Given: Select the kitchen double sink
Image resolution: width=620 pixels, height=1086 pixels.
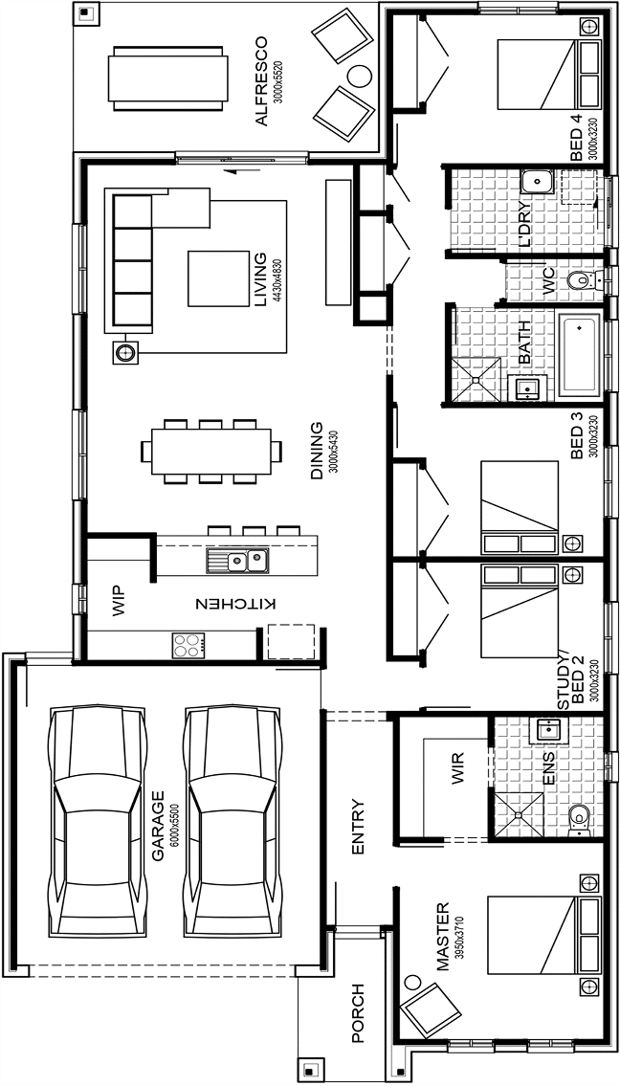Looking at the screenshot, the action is tap(237, 560).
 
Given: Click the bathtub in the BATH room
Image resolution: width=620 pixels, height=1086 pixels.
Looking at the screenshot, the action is tap(579, 354).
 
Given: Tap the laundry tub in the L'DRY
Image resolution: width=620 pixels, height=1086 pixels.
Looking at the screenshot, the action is tap(536, 182).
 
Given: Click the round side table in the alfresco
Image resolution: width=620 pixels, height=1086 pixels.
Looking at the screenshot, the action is tap(360, 76).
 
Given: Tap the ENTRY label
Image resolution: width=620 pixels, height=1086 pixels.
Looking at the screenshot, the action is tap(358, 827).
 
